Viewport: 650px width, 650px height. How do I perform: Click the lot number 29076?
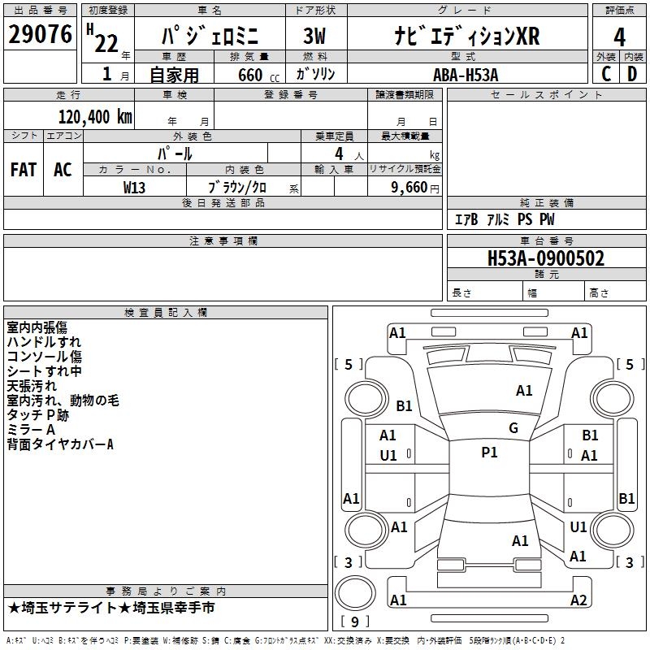coord(41,34)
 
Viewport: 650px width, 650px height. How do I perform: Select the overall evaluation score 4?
coord(619,37)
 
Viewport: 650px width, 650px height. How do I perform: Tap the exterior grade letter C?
coord(605,74)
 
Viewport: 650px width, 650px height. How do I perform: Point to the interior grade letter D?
coord(632,74)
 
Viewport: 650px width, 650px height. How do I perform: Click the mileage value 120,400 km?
coord(95,117)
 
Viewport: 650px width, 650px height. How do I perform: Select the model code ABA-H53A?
coord(466,74)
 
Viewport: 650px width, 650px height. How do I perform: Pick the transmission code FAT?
coord(24,170)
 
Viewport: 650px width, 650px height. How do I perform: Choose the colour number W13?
coord(135,187)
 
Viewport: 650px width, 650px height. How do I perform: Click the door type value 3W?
coord(314,37)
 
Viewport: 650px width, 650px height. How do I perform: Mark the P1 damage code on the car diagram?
coord(489,453)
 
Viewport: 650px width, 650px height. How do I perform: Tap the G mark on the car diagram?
coord(513,428)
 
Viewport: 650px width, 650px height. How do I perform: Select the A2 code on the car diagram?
coord(578,600)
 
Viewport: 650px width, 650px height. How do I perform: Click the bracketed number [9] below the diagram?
coord(354,622)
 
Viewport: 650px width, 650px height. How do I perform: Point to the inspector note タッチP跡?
coord(37,414)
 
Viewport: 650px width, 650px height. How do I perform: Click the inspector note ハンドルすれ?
coord(44,342)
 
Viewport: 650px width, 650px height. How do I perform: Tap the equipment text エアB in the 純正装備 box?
coord(466,220)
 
